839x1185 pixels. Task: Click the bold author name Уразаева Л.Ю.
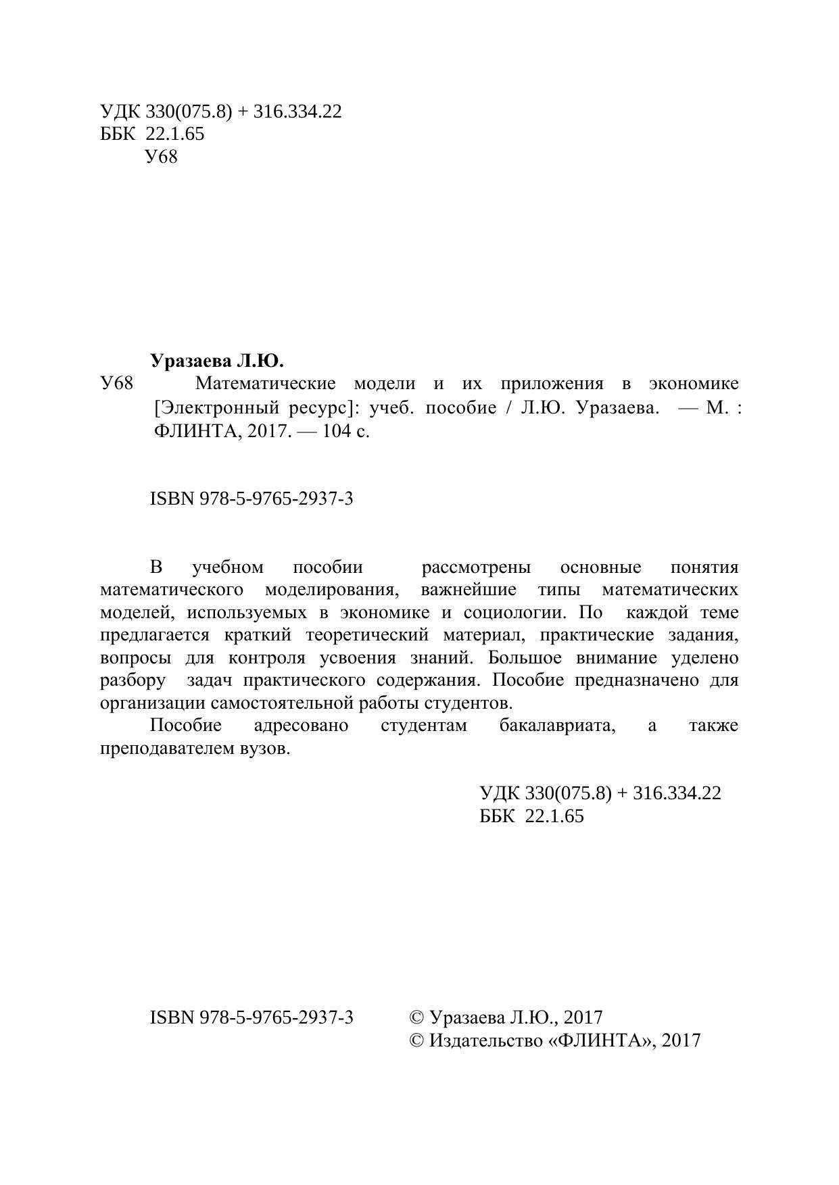click(x=217, y=360)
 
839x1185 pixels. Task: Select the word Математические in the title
click(x=265, y=384)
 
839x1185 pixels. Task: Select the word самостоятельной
click(x=281, y=703)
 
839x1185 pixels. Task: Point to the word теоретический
click(x=367, y=635)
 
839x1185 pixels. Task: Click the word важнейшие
click(x=468, y=590)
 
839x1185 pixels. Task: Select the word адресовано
click(x=302, y=726)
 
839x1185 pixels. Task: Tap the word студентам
click(x=423, y=726)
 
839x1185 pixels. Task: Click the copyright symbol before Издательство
click(x=416, y=1040)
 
